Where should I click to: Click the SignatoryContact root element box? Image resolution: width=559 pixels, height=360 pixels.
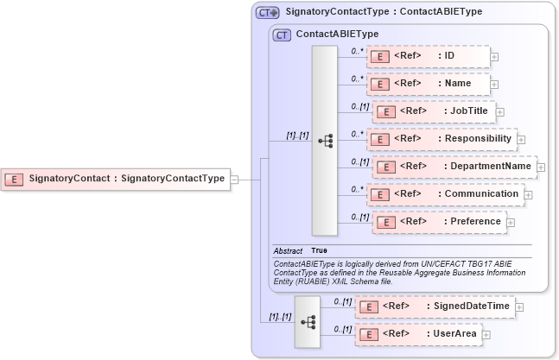point(115,179)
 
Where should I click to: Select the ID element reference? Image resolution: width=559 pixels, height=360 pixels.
point(428,57)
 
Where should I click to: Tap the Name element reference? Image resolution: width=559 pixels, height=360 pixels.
point(428,84)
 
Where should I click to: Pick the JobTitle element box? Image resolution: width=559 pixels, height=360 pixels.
point(433,111)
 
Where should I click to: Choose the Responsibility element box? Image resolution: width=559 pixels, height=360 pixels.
point(441,139)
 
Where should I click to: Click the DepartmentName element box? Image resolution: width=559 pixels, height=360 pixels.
point(454,167)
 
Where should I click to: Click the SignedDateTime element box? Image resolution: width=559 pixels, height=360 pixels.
point(436,306)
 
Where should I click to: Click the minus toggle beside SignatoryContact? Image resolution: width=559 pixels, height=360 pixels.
point(234,180)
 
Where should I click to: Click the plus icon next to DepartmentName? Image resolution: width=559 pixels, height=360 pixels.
point(541,167)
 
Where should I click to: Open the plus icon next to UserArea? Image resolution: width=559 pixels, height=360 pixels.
point(486,334)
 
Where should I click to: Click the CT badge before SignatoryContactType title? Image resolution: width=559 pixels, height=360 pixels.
point(268,13)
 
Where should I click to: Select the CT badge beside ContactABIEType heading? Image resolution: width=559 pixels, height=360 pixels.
point(282,35)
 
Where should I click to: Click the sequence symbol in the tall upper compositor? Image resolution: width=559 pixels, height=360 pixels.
point(325,141)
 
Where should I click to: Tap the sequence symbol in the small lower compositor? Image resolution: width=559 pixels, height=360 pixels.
point(307,321)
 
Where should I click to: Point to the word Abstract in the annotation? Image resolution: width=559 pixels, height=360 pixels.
point(288,250)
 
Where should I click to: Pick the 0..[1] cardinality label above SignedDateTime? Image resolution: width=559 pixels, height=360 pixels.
point(342,301)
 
